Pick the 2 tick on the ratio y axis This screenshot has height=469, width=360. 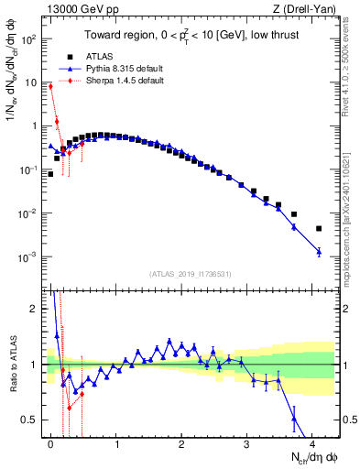(x=33, y=309)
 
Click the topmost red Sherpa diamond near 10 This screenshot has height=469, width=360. (x=51, y=86)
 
